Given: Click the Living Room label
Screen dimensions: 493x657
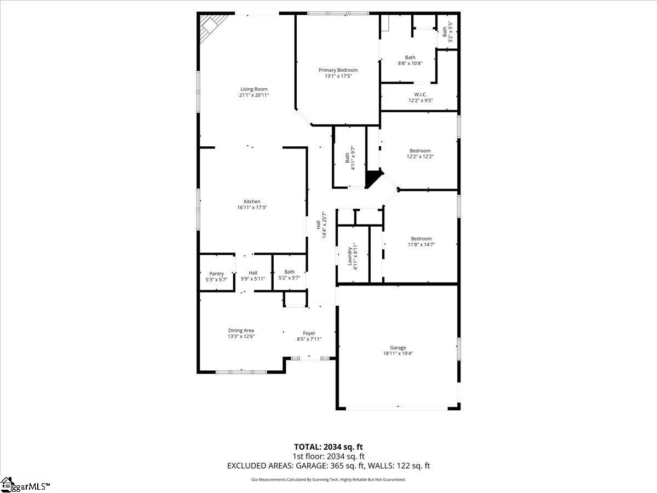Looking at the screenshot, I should point(253,89).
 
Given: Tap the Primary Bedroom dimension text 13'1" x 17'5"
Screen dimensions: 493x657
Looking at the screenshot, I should point(338,76).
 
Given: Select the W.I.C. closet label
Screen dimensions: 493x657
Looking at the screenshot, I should point(420,94).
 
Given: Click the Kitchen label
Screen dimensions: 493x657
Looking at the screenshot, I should point(252,201).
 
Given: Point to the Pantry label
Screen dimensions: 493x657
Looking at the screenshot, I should point(216,273).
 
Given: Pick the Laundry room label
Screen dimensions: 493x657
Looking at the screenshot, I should point(350,255).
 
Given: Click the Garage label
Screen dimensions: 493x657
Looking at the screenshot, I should point(397,347).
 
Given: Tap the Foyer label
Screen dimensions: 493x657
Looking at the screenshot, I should point(309,333).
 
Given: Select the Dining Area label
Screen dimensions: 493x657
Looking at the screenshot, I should point(241,330).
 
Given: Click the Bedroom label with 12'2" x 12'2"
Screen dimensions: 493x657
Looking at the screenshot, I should point(420,151).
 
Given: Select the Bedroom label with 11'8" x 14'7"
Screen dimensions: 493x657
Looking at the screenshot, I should point(421,238).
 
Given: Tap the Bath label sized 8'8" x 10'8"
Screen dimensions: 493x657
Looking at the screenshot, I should point(410,57).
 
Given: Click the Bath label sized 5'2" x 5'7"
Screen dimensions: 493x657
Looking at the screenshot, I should point(289,271).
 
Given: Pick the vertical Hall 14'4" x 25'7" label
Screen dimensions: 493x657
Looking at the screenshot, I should point(318,225).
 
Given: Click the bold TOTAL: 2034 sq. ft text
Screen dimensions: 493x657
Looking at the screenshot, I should point(328,447).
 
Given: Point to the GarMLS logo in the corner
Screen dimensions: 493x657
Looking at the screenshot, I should point(25,485).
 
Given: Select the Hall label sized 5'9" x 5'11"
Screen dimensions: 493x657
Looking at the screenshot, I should point(252,273).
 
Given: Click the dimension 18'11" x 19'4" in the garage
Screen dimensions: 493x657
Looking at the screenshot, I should point(397,353).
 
